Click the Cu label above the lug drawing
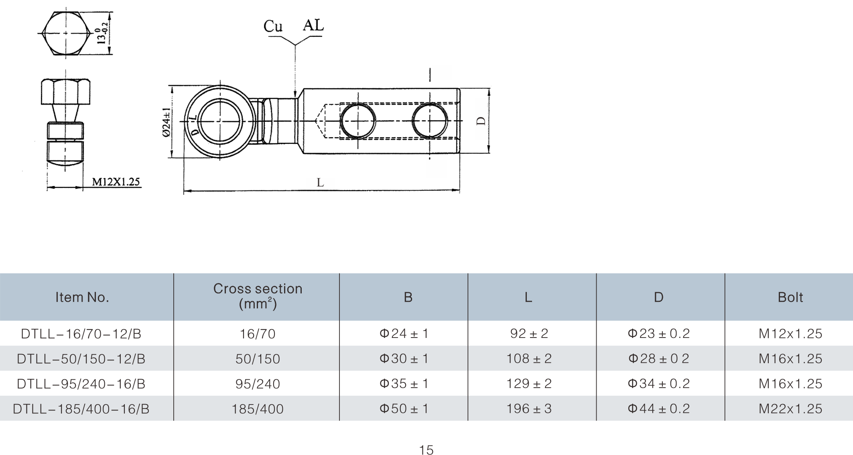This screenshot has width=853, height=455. click(x=273, y=26)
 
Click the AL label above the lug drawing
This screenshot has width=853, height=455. click(x=313, y=25)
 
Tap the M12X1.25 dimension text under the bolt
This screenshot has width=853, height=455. click(x=116, y=182)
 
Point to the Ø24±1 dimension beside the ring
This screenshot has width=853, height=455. click(x=167, y=122)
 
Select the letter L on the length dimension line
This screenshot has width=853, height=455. click(x=320, y=183)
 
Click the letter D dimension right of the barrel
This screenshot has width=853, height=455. click(x=481, y=121)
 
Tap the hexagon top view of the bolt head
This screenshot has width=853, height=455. click(x=66, y=33)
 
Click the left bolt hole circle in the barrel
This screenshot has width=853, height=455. click(x=358, y=121)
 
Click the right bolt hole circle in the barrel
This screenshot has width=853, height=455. click(x=430, y=121)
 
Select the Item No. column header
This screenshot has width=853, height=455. click(x=82, y=297)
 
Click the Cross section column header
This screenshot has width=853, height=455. click(x=258, y=296)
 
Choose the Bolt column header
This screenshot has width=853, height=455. click(x=790, y=297)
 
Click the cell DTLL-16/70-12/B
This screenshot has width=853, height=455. click(x=81, y=334)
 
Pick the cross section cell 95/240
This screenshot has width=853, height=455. click(x=258, y=384)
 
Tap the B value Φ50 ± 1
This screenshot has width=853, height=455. click(x=404, y=408)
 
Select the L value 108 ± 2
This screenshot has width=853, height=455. click(x=529, y=358)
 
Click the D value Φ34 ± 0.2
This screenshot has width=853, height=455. click(x=658, y=384)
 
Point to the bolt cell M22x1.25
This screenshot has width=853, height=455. click(x=790, y=408)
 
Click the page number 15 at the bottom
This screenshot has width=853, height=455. click(x=426, y=450)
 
